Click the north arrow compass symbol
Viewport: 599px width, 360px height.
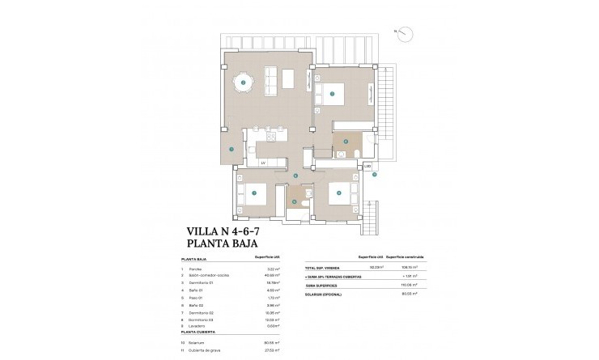[x=406, y=33]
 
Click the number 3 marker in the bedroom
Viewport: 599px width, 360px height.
[x=333, y=94]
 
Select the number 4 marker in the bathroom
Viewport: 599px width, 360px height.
[x=346, y=142]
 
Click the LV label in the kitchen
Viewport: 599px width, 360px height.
[x=263, y=163]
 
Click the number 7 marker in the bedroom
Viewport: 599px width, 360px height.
[x=253, y=193]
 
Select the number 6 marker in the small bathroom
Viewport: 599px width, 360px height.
[x=295, y=202]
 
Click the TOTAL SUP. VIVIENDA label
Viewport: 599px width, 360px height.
[x=319, y=268]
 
